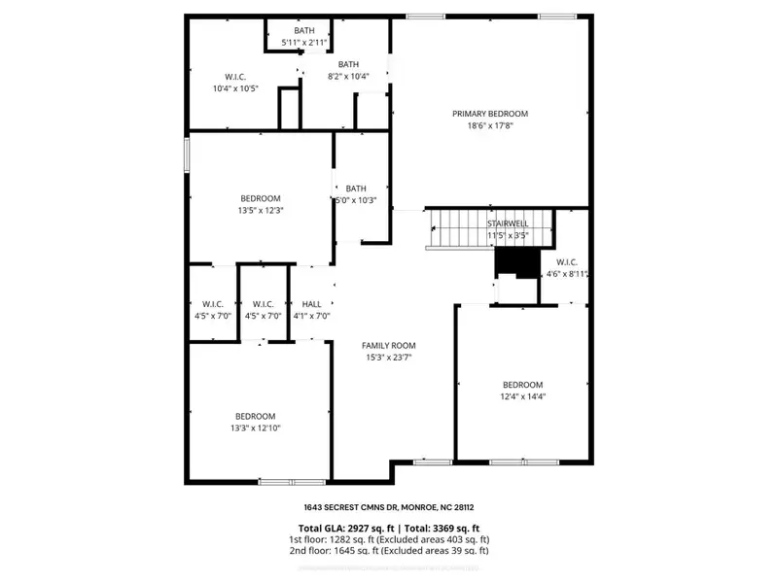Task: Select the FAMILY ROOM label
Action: point(388,345)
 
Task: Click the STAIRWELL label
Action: point(508,223)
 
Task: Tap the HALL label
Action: point(311,304)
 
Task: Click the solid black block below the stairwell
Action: point(516,263)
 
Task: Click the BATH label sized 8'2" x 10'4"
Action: point(348,64)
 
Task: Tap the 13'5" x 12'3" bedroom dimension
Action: point(261,210)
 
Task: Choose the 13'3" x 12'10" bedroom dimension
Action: point(255,428)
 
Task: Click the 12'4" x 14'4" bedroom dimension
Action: point(522,395)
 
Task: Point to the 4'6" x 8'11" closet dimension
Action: point(568,274)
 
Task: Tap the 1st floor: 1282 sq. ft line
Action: point(388,539)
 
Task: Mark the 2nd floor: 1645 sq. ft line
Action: point(388,551)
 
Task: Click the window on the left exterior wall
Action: point(187,155)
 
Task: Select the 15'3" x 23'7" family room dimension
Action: point(388,356)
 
